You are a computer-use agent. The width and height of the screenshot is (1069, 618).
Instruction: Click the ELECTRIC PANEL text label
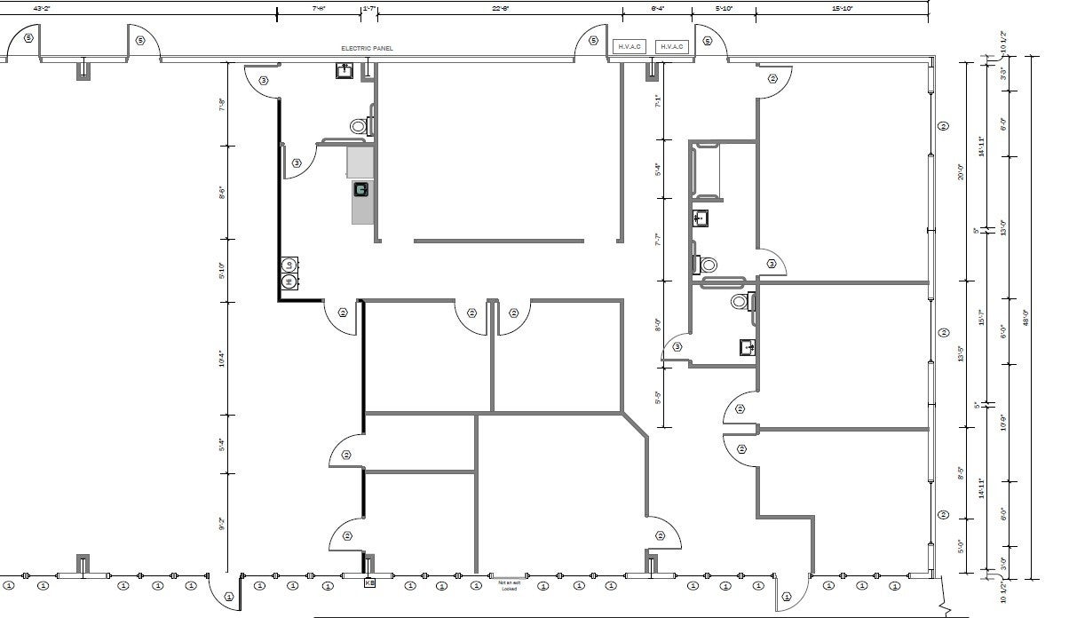tap(367, 48)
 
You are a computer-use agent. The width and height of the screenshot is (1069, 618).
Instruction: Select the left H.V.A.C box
tap(631, 46)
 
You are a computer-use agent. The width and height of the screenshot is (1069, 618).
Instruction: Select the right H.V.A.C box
tap(671, 46)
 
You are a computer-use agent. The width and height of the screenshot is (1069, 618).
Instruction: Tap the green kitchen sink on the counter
tap(361, 189)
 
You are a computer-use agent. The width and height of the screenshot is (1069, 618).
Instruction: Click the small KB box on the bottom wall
tap(369, 583)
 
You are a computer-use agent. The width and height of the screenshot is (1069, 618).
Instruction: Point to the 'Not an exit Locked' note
tap(508, 585)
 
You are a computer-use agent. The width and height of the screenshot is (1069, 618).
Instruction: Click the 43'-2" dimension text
tap(41, 7)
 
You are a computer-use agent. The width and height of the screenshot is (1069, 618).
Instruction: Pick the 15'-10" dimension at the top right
tap(842, 7)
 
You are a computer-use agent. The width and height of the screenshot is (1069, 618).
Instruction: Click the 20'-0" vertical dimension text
tap(960, 172)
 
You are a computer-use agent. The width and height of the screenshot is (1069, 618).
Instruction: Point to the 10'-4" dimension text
tap(221, 359)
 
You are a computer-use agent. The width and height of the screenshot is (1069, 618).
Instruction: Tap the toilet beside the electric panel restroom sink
tap(360, 126)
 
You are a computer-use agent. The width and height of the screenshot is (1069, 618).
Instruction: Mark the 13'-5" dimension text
tap(960, 354)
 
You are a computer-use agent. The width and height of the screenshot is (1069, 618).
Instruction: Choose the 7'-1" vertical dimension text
tap(657, 100)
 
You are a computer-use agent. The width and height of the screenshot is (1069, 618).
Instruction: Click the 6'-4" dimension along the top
tap(658, 7)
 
